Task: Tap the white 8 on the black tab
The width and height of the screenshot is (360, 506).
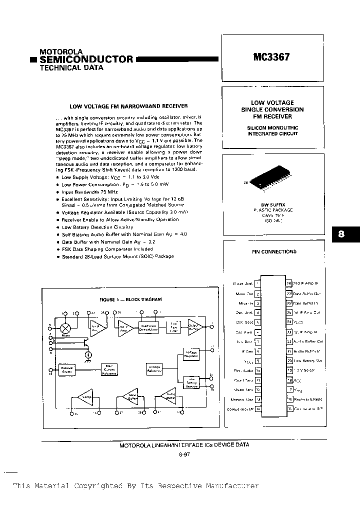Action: (341, 234)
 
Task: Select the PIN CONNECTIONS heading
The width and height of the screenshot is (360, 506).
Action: (274, 252)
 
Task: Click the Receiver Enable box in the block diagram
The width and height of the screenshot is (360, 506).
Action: (67, 370)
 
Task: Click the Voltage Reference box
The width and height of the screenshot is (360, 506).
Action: (154, 369)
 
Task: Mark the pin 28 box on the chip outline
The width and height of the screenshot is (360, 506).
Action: (289, 283)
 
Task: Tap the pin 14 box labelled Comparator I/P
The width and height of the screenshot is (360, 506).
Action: (257, 409)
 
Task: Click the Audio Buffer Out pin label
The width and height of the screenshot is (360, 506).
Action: (308, 341)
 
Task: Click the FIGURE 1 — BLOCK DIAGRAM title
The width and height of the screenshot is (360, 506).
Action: (130, 299)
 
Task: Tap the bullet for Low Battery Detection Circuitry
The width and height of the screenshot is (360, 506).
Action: (58, 227)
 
